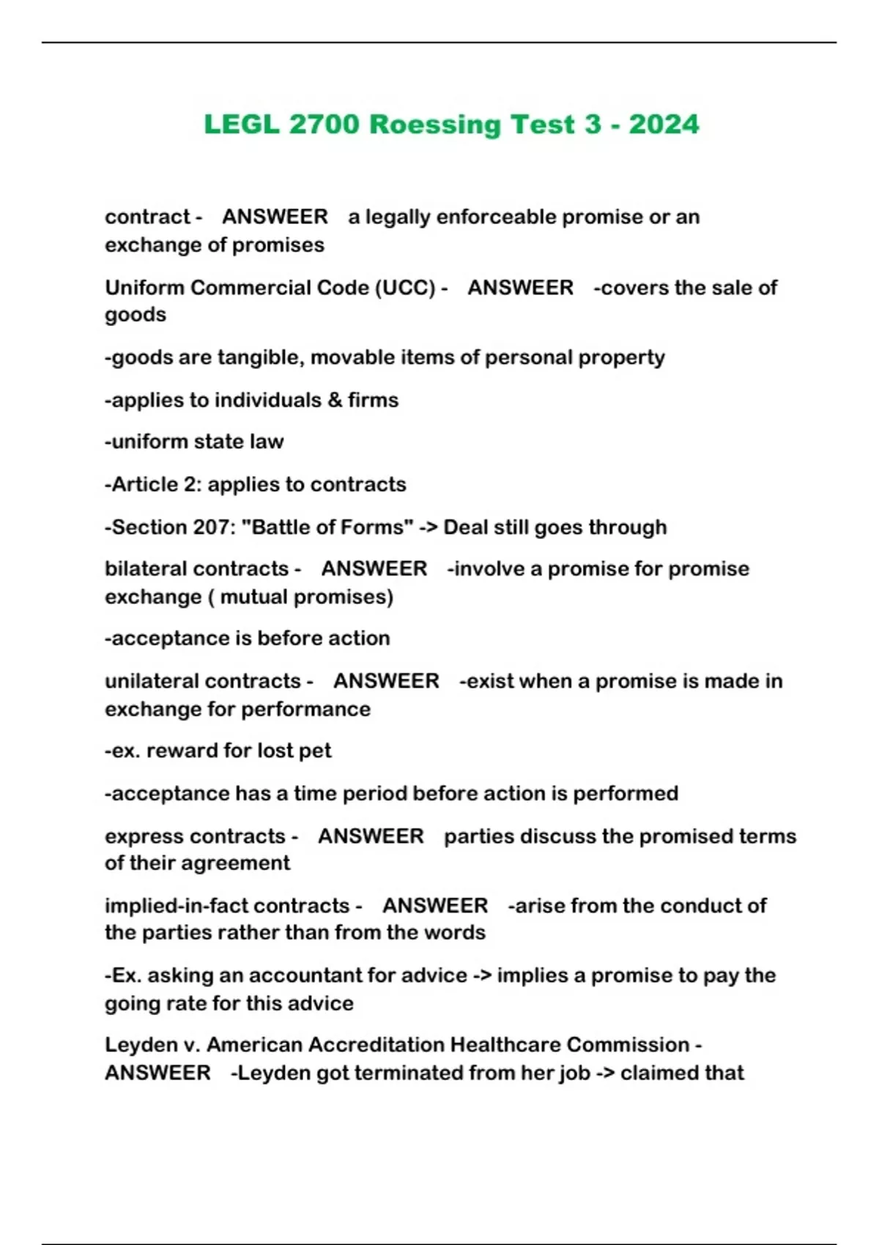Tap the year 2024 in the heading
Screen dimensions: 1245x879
(664, 124)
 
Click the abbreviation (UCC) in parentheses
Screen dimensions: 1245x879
(406, 288)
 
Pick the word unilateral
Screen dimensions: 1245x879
(155, 681)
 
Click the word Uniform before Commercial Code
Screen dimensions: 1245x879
(144, 288)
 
